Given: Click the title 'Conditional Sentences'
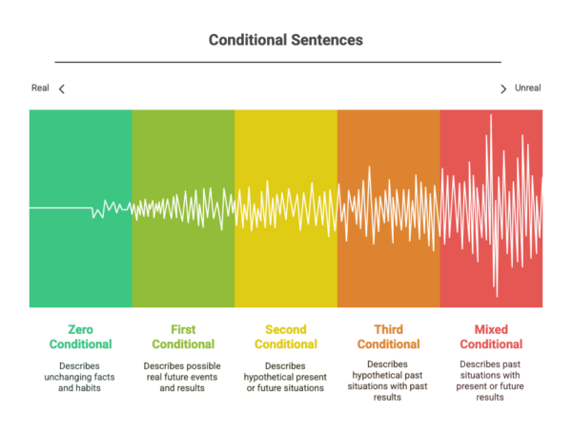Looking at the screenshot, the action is click(x=286, y=40).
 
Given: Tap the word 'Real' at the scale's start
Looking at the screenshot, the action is click(x=40, y=88).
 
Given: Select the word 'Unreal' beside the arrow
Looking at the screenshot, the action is click(x=527, y=88).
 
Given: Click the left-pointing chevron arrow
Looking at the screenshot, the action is click(x=62, y=88).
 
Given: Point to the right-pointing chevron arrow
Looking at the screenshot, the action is click(x=503, y=88).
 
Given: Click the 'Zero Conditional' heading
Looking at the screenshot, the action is click(x=81, y=337).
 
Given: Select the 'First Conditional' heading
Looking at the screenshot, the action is click(x=183, y=337).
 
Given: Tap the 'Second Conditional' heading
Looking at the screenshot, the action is click(x=286, y=337).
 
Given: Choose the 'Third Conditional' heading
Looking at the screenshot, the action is click(x=389, y=337).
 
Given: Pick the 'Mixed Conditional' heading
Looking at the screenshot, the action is click(x=491, y=337).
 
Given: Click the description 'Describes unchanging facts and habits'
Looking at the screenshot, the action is click(x=79, y=377).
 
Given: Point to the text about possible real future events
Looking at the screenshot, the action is click(x=182, y=377).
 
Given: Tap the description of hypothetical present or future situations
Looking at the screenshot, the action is click(x=285, y=377).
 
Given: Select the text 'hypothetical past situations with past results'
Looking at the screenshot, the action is click(x=387, y=381).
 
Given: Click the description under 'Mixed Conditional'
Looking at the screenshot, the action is click(x=490, y=381).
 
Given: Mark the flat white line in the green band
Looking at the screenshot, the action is click(x=61, y=208).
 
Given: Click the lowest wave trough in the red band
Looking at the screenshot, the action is click(x=497, y=296).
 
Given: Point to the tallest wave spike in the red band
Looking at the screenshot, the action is click(x=491, y=116).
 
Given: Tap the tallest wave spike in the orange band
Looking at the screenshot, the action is click(x=370, y=167).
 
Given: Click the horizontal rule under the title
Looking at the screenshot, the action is click(x=278, y=62).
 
